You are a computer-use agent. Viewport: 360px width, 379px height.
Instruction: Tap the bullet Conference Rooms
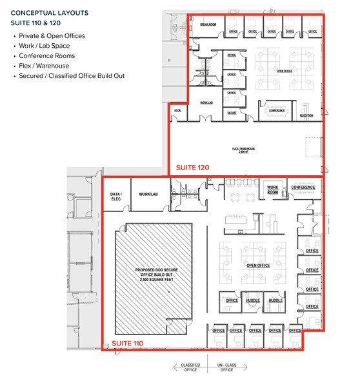point(47,56)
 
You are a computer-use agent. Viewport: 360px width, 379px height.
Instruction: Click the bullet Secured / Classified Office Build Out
point(72,76)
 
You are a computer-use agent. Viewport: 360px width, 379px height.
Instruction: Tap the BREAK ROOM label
point(208,24)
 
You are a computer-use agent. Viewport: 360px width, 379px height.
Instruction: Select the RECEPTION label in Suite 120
point(306,115)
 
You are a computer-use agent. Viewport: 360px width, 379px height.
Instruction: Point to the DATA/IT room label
point(232,112)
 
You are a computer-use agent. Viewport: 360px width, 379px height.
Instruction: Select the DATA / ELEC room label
point(117,196)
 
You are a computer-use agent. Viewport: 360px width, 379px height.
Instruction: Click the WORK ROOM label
point(273,189)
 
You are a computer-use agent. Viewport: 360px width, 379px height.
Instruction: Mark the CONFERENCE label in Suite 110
point(303,188)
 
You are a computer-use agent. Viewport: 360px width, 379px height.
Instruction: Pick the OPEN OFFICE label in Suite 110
point(258,265)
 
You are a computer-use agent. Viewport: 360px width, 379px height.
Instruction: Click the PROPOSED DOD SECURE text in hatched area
point(153,268)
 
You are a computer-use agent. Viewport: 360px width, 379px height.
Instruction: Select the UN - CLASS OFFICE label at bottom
point(226,368)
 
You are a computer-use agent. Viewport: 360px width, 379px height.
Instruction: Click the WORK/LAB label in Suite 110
point(149,193)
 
